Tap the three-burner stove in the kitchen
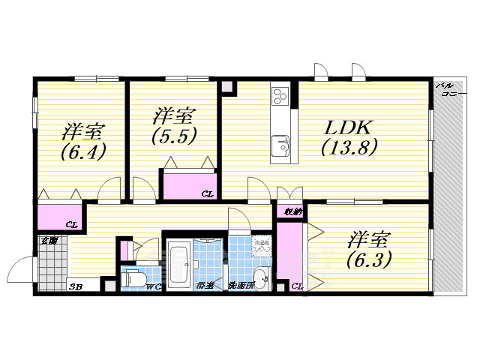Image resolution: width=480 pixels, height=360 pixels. pyautogui.click(x=281, y=97)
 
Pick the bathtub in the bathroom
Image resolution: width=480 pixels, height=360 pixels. pyautogui.click(x=178, y=264)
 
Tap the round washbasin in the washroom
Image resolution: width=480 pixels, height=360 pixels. pyautogui.click(x=260, y=280)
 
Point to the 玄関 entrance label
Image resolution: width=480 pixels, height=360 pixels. pyautogui.click(x=49, y=240)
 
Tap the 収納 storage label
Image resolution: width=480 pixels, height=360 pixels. pyautogui.click(x=292, y=212)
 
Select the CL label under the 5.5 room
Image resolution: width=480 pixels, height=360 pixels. pyautogui.click(x=207, y=194)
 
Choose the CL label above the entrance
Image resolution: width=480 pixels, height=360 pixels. pyautogui.click(x=71, y=224)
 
